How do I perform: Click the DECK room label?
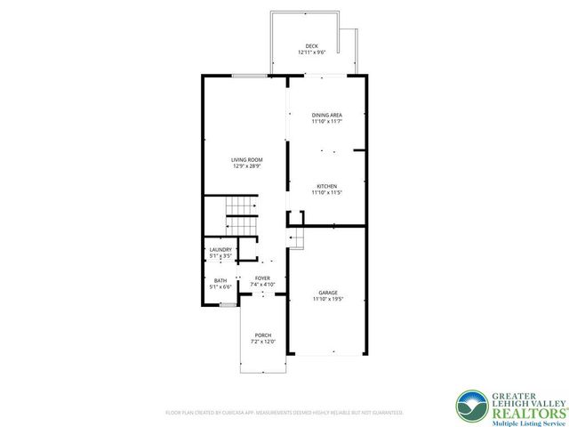click(311, 46)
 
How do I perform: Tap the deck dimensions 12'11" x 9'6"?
click(311, 52)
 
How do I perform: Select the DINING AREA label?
click(326, 116)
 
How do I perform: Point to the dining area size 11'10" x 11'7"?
click(326, 122)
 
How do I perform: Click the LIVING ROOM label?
click(246, 160)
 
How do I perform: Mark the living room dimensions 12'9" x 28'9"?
click(246, 166)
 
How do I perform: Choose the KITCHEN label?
click(326, 186)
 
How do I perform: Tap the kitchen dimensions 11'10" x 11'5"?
click(326, 192)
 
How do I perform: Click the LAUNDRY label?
click(220, 250)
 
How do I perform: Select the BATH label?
click(220, 281)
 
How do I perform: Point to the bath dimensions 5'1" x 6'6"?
click(220, 287)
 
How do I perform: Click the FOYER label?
click(262, 278)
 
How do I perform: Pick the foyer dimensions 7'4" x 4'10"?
click(262, 285)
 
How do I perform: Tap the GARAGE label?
click(327, 294)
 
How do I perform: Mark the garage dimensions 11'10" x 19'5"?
click(327, 300)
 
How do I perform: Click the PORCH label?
click(262, 334)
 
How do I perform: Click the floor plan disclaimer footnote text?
click(284, 413)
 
